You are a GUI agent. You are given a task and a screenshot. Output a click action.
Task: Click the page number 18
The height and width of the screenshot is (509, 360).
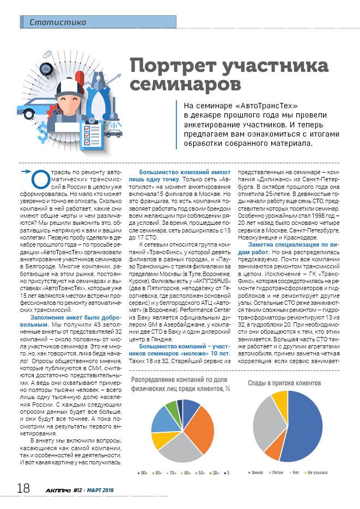tap(23, 488)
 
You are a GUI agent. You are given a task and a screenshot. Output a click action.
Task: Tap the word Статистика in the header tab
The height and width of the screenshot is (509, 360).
tap(58, 22)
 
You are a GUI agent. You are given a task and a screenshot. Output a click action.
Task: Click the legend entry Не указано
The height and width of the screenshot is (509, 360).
tap(316, 473)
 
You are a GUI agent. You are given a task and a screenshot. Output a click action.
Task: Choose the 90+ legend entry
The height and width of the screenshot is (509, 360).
tap(143, 473)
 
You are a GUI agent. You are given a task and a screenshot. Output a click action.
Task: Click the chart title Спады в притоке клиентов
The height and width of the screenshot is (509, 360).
tap(284, 383)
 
